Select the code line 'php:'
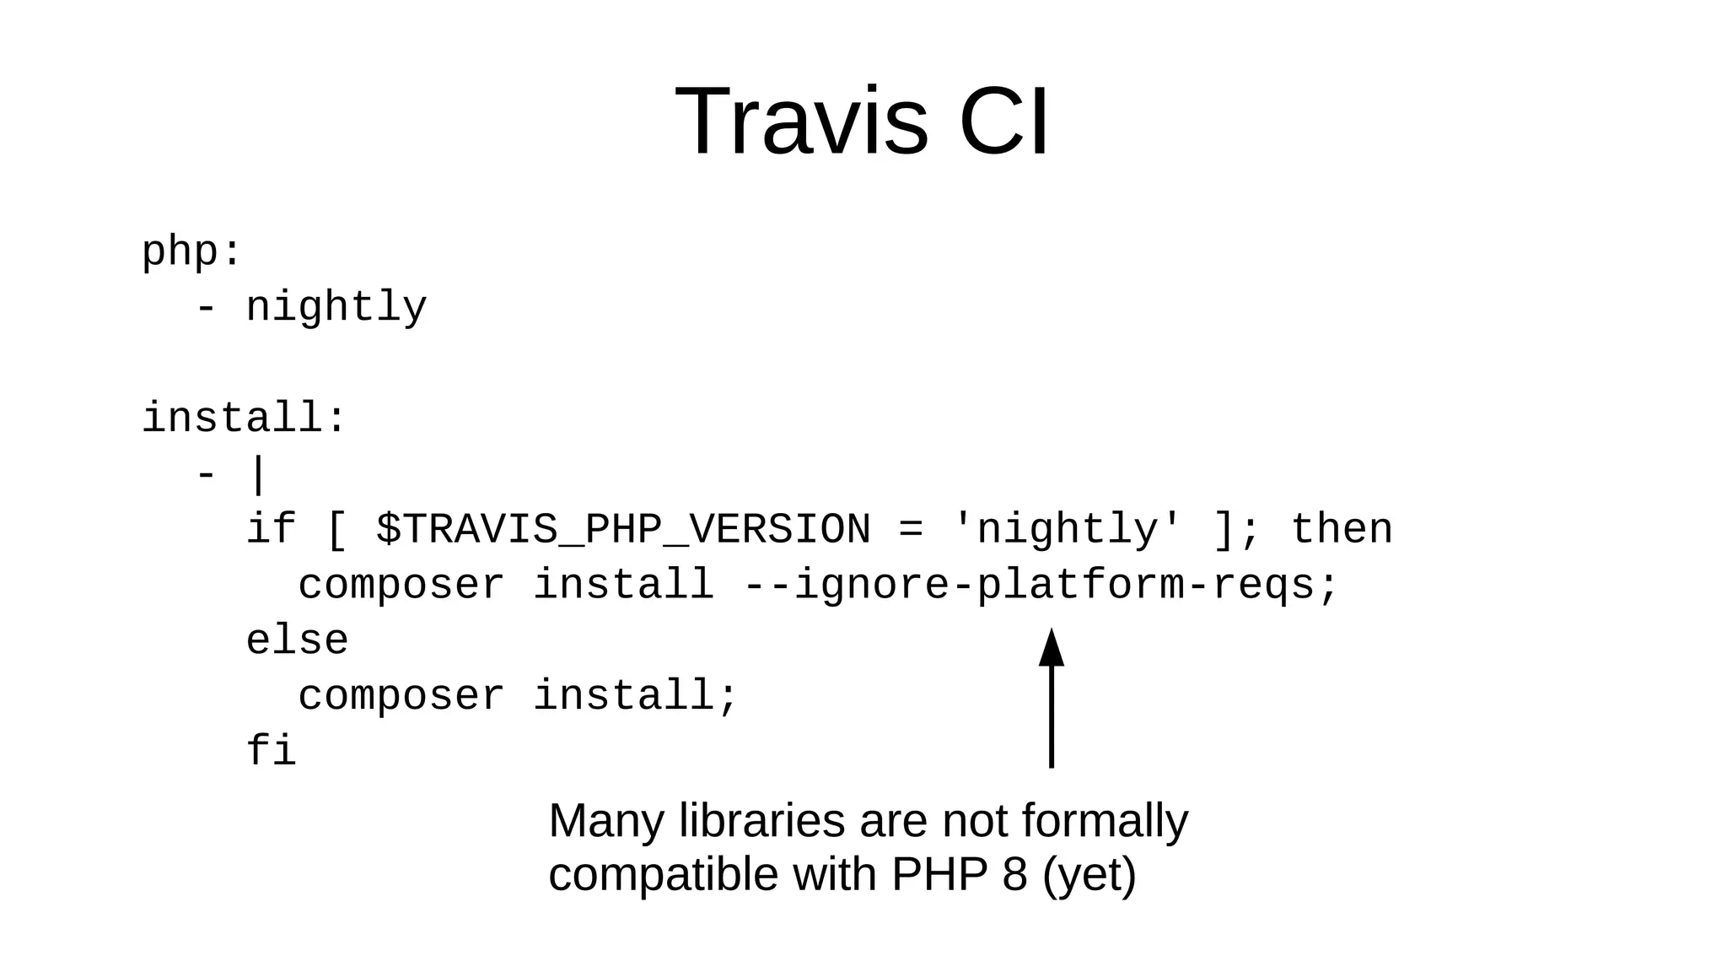(191, 251)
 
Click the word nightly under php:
(336, 307)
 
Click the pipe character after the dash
(258, 475)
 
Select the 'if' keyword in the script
(271, 530)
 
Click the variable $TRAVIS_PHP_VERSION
(623, 530)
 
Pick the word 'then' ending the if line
(1342, 530)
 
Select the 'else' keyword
(297, 641)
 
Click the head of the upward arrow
(1051, 648)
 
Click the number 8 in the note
(1015, 874)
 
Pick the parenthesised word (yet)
(1089, 874)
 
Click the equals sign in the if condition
(911, 530)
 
